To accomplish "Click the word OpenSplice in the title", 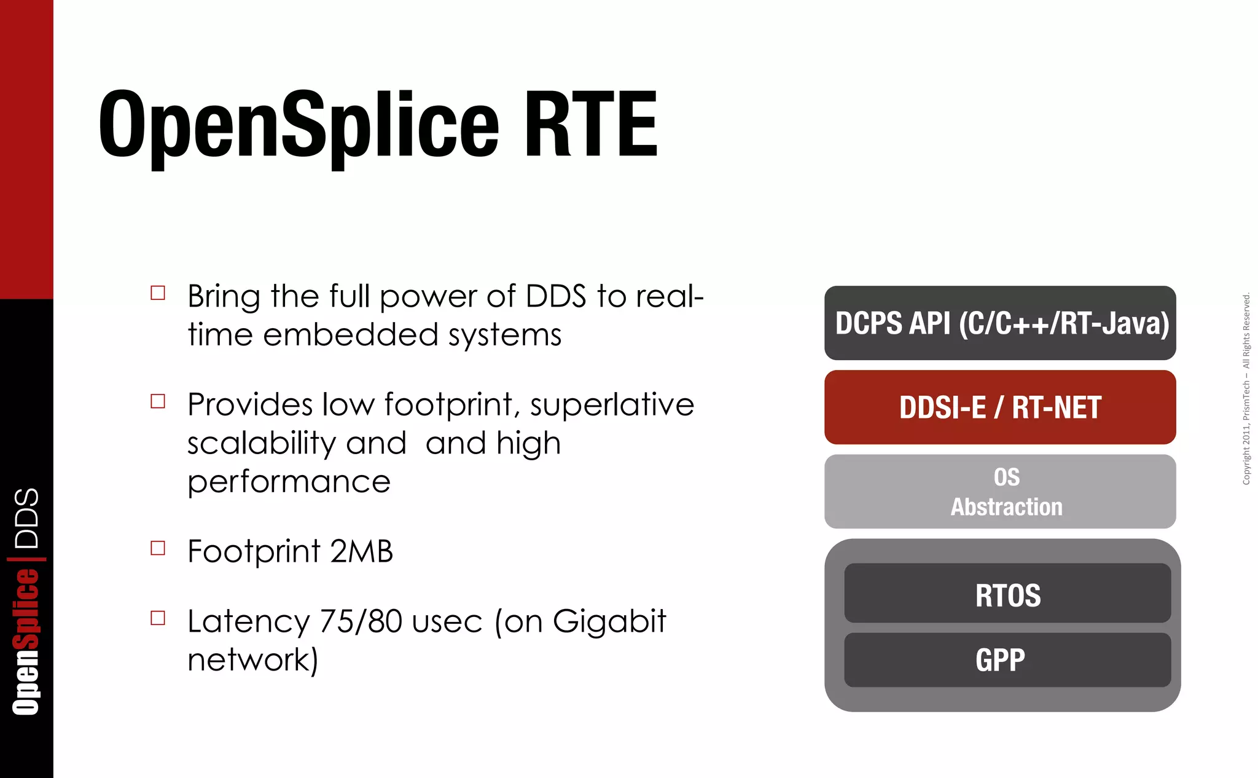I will pos(299,125).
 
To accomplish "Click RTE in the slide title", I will pos(590,125).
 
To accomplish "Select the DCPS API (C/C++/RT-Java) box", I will pos(1000,323).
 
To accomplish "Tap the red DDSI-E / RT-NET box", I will pos(1000,407).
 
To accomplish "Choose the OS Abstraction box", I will pos(1000,492).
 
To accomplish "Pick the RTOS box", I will pos(1007,594).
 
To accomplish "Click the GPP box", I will pos(1007,660).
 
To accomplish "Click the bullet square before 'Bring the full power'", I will pos(158,293).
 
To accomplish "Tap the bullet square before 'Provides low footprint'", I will pos(158,401).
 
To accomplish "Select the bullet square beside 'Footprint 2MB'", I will pos(158,548).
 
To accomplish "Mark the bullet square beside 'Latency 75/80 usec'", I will pos(158,618).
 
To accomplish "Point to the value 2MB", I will pos(361,551).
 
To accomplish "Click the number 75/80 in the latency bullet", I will pos(361,621).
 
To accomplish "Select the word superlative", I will pos(612,405).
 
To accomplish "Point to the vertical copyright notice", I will pos(1246,388).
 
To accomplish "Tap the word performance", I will pos(289,482).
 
